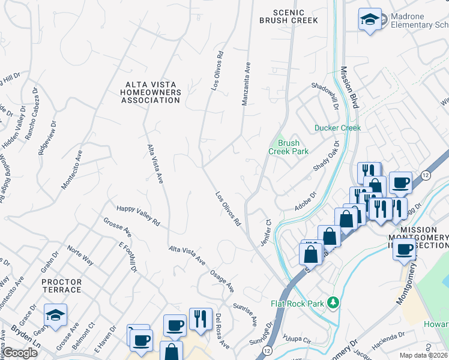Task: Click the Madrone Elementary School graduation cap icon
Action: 370,19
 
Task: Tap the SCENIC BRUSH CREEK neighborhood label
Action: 289,16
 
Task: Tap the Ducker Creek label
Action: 338,128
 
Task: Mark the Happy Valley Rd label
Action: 138,215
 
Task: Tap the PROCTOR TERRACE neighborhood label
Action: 62,286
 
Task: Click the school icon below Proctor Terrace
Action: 56,314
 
